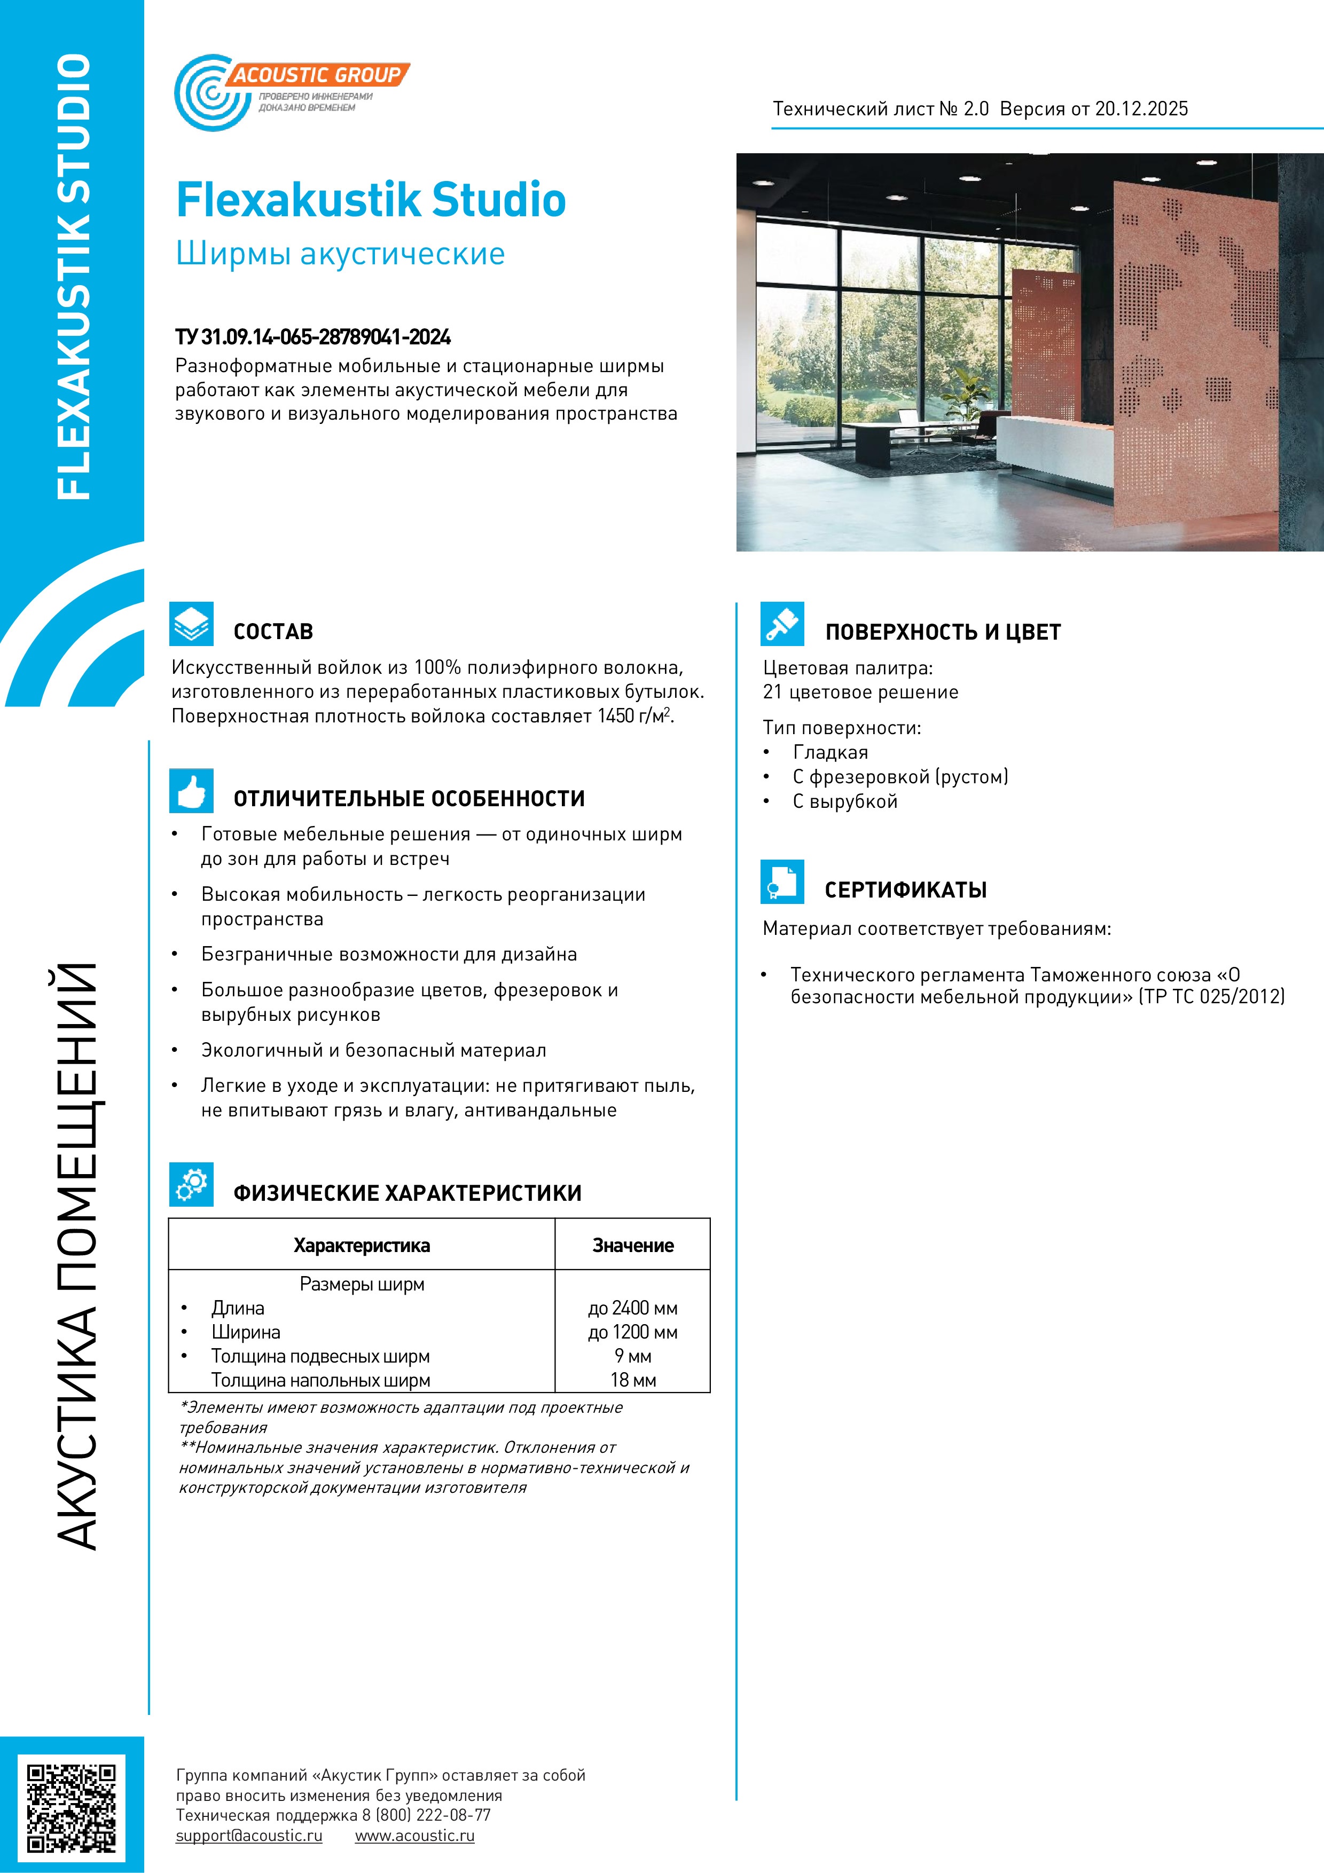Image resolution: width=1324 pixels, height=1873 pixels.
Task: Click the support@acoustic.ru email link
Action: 249,1836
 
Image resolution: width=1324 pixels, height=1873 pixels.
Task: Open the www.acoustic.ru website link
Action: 414,1836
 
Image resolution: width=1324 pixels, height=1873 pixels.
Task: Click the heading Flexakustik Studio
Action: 371,200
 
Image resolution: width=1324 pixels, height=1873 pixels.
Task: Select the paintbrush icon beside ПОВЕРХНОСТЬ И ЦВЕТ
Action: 781,624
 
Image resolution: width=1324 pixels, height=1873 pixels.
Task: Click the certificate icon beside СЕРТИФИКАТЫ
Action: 781,882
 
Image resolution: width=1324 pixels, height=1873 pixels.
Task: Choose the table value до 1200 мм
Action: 632,1332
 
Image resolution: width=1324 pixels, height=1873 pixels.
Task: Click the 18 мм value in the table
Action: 632,1380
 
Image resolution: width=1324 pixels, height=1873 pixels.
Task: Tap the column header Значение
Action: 632,1246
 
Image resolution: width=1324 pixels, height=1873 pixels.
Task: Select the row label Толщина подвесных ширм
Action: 320,1357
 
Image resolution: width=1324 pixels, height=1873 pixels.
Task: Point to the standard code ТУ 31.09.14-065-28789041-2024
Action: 314,337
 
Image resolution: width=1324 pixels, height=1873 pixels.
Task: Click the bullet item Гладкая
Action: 829,752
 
